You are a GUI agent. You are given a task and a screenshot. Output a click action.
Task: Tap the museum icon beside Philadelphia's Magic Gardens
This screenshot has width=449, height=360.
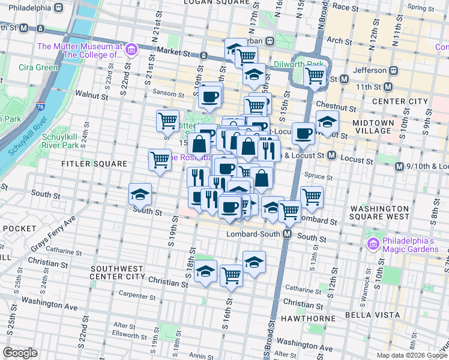coord(372,244)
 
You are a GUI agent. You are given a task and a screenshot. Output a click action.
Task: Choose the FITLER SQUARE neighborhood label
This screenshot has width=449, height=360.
coord(94,163)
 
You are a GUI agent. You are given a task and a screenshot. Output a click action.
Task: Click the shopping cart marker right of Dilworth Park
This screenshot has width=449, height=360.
coord(315,76)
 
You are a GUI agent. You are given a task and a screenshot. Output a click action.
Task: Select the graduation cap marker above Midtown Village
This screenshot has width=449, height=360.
coord(327,122)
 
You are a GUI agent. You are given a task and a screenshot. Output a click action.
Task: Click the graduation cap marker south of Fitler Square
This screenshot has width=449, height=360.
coord(140,195)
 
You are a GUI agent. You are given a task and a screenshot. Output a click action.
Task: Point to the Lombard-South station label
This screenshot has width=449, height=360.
coord(252,233)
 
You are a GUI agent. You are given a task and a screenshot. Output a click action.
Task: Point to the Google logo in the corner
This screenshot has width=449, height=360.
coord(20,353)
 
